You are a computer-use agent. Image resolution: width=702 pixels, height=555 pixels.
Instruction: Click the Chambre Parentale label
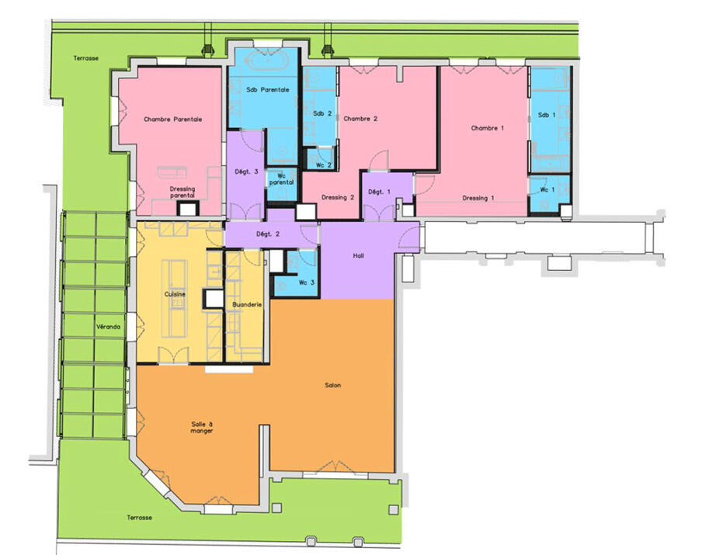(x=173, y=120)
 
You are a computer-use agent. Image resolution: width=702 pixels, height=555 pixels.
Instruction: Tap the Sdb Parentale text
(x=268, y=90)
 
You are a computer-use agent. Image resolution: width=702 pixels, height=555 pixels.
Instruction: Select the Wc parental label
(x=282, y=179)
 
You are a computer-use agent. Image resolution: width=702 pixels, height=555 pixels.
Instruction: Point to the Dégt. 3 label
(x=246, y=172)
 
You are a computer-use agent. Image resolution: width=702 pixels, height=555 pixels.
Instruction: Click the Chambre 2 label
(x=360, y=119)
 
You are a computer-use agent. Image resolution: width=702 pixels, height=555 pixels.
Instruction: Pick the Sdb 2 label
(x=322, y=113)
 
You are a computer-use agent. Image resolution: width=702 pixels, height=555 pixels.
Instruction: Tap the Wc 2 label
(x=324, y=165)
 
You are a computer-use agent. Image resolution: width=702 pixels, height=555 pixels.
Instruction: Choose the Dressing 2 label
(x=338, y=197)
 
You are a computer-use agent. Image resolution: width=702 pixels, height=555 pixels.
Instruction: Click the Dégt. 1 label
(x=379, y=192)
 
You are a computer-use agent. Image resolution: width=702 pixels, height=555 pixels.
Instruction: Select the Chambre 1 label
(x=488, y=128)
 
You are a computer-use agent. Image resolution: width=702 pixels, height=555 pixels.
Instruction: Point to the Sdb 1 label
(x=547, y=115)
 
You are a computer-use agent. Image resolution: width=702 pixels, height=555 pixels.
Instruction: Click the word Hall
(x=358, y=256)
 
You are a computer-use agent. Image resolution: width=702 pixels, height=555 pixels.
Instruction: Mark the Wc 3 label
(x=307, y=283)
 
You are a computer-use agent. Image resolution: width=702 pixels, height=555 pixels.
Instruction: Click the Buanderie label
(x=247, y=305)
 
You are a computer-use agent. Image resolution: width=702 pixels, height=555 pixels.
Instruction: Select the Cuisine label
(x=175, y=294)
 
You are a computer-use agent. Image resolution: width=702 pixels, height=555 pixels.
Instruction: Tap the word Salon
(x=332, y=385)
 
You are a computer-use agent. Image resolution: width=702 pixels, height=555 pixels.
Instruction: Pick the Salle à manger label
(x=202, y=428)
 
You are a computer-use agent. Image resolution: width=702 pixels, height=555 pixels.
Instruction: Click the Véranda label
(x=109, y=328)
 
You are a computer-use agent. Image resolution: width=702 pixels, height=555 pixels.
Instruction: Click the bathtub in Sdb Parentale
(x=268, y=61)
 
